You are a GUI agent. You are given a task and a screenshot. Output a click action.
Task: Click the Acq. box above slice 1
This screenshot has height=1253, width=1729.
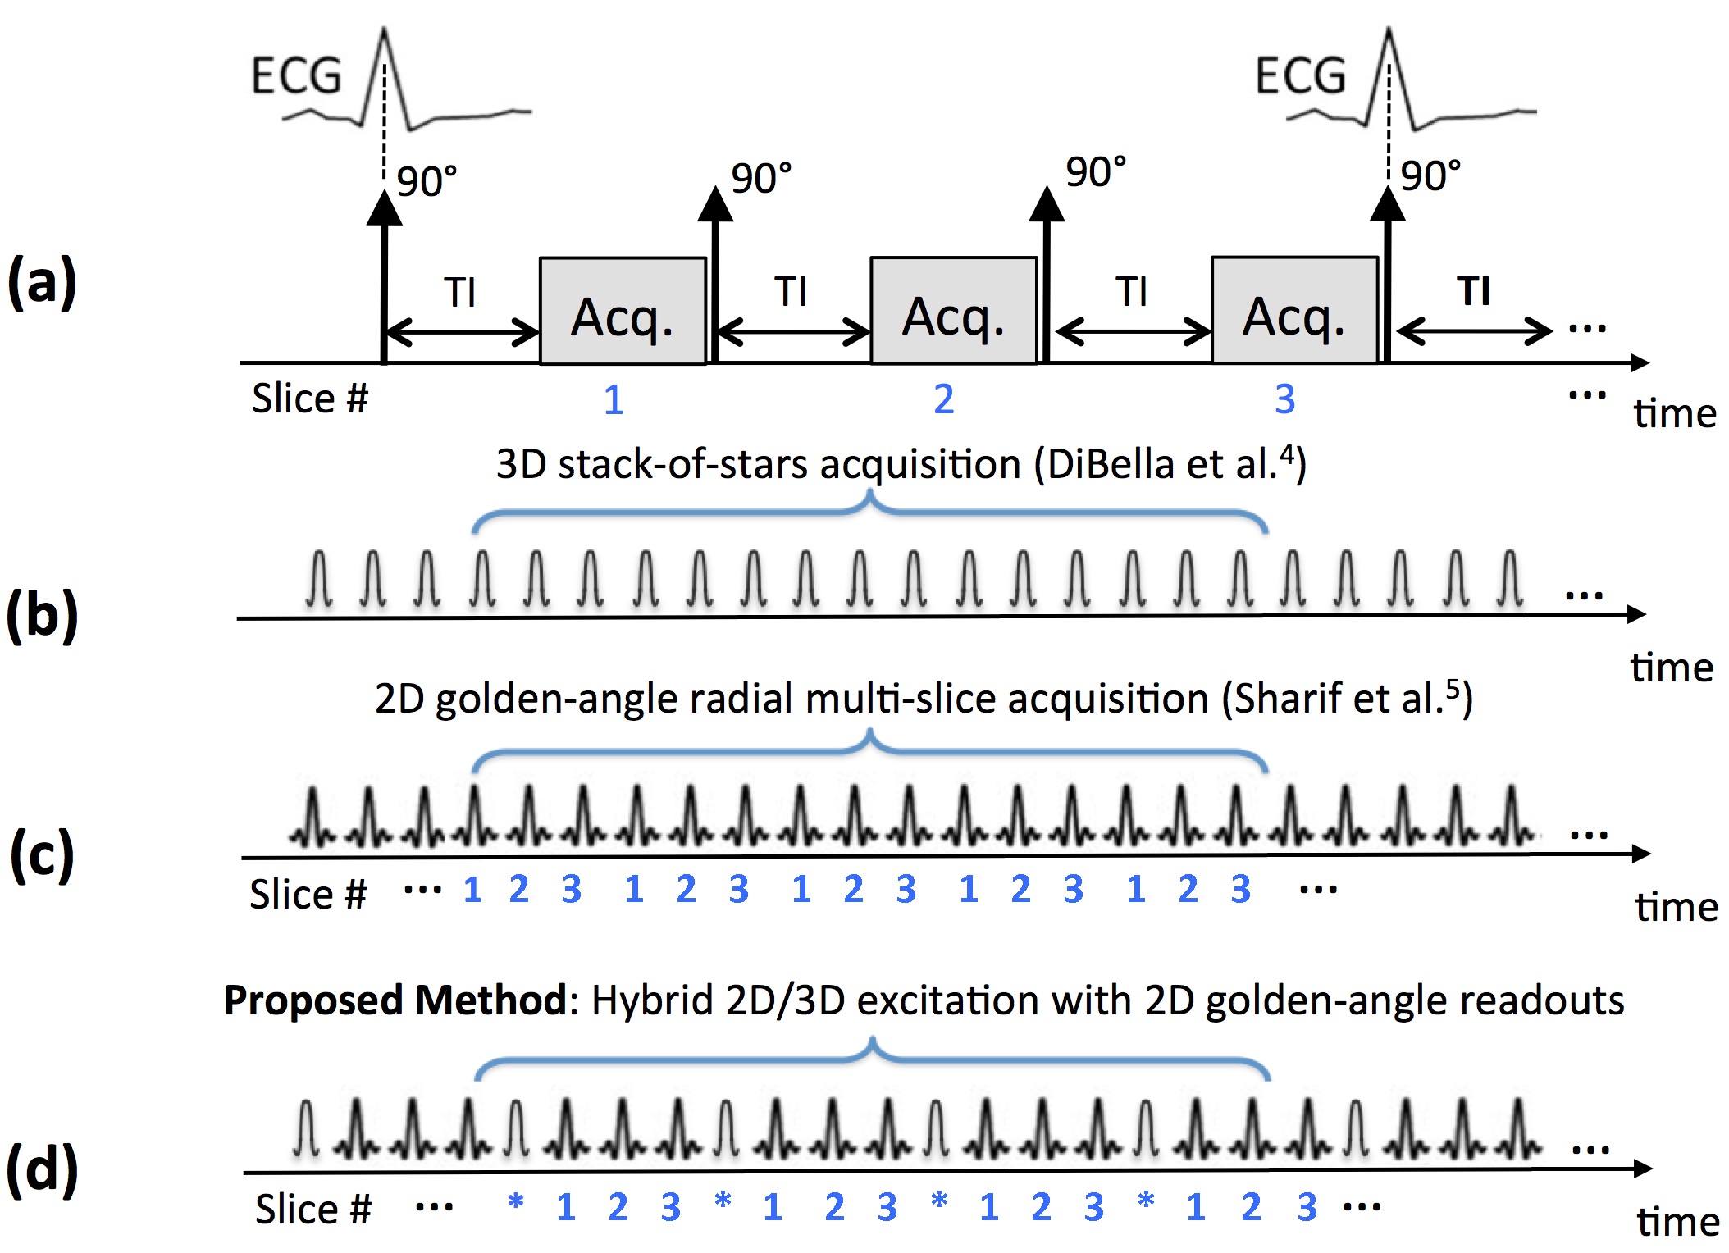tap(623, 312)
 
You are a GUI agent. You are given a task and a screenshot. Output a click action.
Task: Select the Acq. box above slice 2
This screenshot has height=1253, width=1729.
tap(954, 312)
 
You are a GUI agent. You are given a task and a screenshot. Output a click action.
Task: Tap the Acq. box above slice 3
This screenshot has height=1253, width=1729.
tap(1294, 312)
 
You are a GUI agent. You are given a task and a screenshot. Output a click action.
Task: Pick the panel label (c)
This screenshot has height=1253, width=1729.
tap(42, 854)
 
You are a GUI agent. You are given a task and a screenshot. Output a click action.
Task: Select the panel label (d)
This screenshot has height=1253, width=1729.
tap(42, 1169)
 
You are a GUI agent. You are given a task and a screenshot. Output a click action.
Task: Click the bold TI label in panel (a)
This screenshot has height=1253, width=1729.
tap(1473, 291)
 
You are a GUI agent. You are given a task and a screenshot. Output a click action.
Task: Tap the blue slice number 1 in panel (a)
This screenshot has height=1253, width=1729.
tap(614, 400)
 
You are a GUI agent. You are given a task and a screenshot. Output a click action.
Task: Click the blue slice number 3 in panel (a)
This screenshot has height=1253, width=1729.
tap(1284, 399)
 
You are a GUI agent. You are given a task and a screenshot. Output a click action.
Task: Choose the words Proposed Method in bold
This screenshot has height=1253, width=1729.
tap(395, 1000)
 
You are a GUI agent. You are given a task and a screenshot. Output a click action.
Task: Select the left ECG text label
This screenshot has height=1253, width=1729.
tap(295, 76)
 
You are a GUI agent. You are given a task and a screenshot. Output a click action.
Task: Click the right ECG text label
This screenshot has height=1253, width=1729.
tap(1300, 76)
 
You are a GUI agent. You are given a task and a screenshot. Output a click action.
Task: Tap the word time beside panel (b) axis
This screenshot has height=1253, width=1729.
tap(1672, 668)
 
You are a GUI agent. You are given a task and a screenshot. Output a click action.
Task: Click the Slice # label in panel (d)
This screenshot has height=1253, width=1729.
tap(312, 1209)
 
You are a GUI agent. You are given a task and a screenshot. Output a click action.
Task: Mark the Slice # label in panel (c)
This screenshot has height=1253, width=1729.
tap(308, 894)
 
